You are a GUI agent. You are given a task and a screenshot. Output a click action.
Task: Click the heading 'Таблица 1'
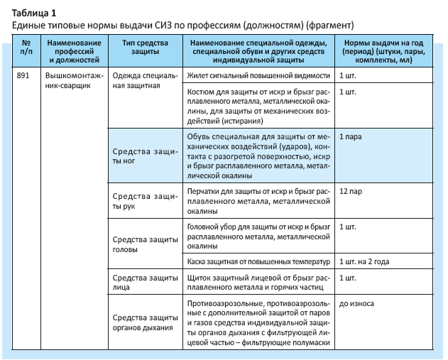(34, 11)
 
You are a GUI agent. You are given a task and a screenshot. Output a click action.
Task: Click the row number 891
(24, 74)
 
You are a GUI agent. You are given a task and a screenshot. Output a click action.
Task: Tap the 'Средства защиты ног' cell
(145, 156)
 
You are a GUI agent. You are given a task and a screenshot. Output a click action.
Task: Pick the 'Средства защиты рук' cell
(145, 201)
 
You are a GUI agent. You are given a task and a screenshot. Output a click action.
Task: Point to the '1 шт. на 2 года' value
(364, 261)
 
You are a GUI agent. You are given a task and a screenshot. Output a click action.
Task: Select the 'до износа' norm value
(356, 303)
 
